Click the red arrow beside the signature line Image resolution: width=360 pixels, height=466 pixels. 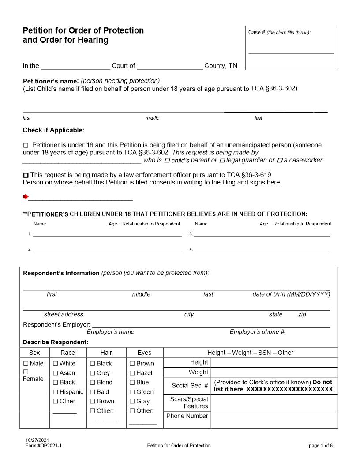coord(26,196)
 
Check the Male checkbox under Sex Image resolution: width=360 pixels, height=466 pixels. coord(26,364)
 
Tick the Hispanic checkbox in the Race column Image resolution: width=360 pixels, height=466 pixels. coord(56,392)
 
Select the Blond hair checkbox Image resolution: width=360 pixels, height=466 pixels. coord(93,383)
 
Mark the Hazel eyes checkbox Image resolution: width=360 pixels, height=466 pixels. coord(132,373)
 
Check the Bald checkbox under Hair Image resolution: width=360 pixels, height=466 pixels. coord(93,392)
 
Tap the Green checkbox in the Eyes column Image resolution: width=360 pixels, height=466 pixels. coord(132,392)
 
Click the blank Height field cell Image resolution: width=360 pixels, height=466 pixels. coord(274,362)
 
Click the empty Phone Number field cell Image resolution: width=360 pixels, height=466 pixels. coord(274,420)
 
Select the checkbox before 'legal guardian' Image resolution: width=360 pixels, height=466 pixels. coord(222,160)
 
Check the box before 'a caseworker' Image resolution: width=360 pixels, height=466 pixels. coord(280,160)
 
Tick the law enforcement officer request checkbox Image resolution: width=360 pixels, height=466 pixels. coord(26,175)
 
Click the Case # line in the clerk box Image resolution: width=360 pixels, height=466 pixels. coord(291,53)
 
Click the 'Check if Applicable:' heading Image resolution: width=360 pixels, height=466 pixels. coord(53,130)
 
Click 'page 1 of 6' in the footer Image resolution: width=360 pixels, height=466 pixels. coord(321,446)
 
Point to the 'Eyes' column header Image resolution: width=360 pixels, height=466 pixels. coord(144,353)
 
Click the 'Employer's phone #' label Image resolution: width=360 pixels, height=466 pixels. coord(257,332)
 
